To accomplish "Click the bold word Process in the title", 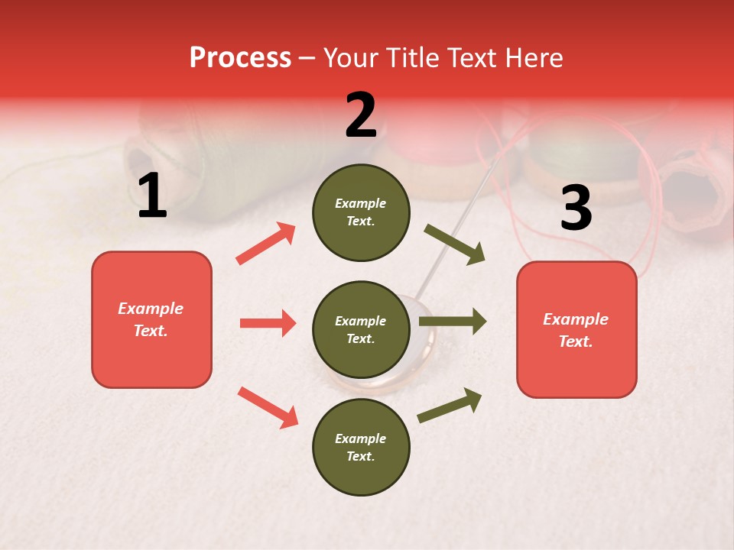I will point(240,58).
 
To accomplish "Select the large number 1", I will point(152,196).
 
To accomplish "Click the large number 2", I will point(361,115).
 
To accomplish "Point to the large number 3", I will point(576,208).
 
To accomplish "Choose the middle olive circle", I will point(361,329).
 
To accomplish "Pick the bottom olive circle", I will point(361,447).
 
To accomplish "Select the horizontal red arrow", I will point(268,323).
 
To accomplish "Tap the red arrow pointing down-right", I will point(268,407).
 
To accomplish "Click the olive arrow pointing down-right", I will point(455,244).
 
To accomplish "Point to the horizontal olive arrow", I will point(453,322).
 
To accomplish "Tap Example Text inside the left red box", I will point(151,319).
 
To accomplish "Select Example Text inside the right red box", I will point(576,330).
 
